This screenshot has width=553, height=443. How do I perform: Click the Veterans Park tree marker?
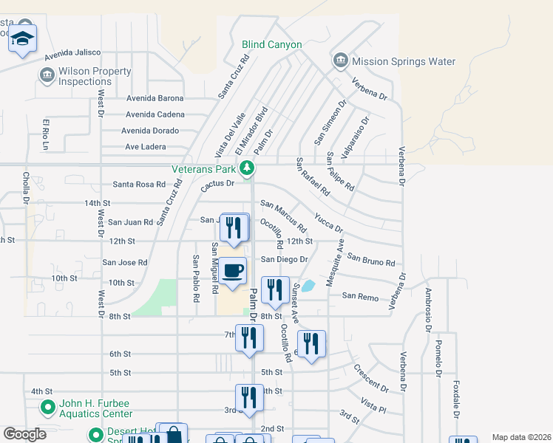250,169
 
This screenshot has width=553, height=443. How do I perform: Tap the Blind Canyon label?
272,45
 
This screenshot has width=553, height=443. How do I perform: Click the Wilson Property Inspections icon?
47,76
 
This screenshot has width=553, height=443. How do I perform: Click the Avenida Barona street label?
155,97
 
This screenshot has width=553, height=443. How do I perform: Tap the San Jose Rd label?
125,262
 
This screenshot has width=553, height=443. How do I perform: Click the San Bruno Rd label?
371,260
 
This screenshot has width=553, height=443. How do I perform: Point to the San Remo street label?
360,297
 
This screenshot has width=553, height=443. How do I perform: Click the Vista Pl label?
373,403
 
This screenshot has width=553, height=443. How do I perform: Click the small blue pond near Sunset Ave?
308,285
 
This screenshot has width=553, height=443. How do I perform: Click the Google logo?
24,434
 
